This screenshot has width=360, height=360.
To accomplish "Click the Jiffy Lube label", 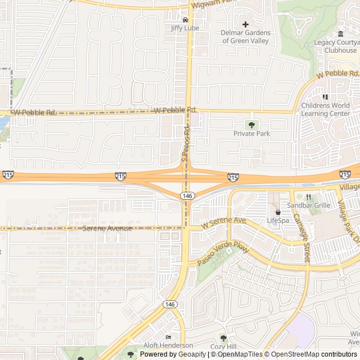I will [x=185, y=28].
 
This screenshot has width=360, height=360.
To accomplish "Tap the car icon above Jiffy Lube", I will [x=185, y=20].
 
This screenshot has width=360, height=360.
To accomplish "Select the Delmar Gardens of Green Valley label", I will [x=246, y=37].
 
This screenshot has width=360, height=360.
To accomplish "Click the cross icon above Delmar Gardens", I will [x=245, y=24].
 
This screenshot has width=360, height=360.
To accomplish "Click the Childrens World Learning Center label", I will [x=325, y=110].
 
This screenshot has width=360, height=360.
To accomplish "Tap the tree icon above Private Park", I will [x=251, y=125].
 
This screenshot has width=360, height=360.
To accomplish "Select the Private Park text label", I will [x=251, y=133].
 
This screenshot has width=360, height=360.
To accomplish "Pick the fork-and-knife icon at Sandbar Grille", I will [x=308, y=197].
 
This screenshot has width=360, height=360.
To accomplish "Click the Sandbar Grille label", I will [x=308, y=205].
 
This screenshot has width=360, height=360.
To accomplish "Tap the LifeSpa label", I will [x=277, y=220].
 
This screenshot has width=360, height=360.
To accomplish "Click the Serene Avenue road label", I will [x=107, y=228].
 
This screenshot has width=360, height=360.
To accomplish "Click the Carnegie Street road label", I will [x=306, y=242].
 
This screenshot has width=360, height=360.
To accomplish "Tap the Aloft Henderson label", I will [x=168, y=345].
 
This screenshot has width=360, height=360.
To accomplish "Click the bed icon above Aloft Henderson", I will [x=168, y=337].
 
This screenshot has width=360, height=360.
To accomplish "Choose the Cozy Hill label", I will [x=224, y=346].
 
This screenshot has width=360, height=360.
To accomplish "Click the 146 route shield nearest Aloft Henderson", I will [x=170, y=304].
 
